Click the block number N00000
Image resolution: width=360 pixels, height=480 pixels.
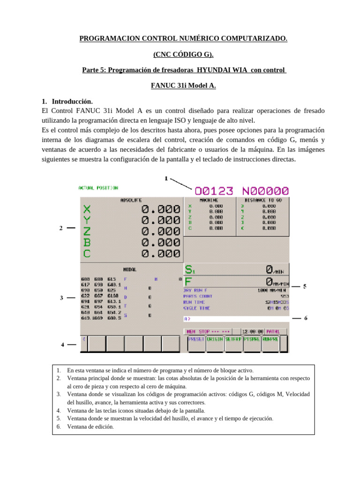(x=265, y=191)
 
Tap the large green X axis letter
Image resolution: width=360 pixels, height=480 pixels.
(x=87, y=209)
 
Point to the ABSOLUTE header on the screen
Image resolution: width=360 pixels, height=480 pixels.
(x=131, y=200)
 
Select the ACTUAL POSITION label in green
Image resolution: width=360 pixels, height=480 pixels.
(x=98, y=188)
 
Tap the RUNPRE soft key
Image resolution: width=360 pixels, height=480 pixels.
(x=270, y=339)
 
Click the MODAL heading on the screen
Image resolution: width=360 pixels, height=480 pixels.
(x=129, y=270)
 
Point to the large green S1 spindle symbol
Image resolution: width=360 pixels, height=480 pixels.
(x=189, y=270)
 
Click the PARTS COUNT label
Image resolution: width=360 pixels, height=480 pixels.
(x=197, y=296)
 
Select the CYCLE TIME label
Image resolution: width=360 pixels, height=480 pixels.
(x=196, y=308)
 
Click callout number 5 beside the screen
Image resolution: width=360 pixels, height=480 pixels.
(x=305, y=286)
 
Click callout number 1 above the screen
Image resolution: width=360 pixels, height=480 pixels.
(x=166, y=178)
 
